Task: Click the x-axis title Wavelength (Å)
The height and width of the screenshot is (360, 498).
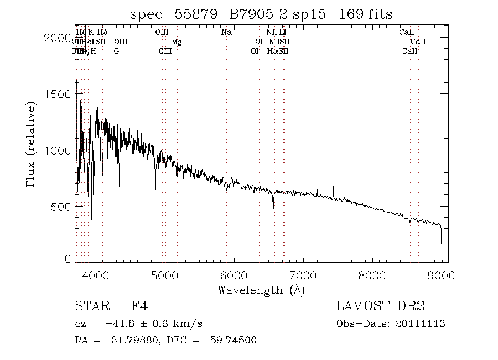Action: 261,290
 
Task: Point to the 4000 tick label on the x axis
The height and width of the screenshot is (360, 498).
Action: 96,275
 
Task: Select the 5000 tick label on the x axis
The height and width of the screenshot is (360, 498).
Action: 165,275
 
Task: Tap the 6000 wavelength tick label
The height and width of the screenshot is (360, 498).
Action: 234,275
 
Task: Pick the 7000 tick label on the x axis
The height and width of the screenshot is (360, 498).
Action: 303,275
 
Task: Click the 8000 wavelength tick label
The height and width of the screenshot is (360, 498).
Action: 372,275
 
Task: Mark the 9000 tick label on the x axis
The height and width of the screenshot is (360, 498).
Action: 441,275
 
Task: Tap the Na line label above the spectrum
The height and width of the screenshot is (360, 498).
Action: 226,32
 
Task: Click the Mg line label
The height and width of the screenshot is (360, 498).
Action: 177,42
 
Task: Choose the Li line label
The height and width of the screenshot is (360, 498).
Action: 282,32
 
